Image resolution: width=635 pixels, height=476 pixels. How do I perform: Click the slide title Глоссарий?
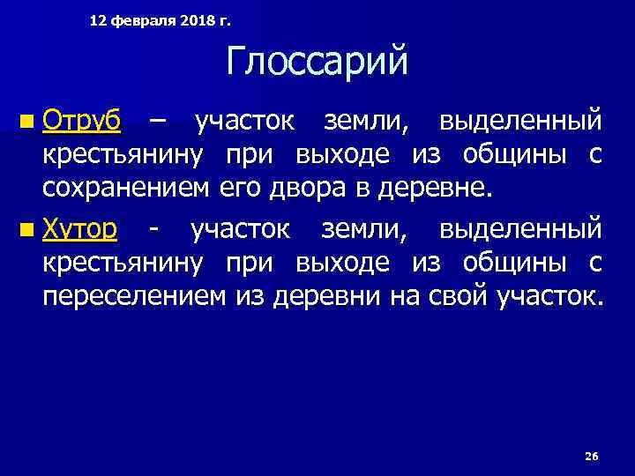[x=317, y=63]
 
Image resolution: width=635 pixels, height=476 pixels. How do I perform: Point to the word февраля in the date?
[x=146, y=19]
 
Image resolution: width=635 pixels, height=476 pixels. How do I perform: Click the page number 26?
[x=591, y=456]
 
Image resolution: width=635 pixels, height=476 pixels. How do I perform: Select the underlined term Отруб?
[x=83, y=119]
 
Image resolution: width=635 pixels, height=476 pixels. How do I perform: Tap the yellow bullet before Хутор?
[x=30, y=230]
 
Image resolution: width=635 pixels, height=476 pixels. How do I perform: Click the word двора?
[x=292, y=188]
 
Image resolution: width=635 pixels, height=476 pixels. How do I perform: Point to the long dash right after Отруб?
[x=157, y=119]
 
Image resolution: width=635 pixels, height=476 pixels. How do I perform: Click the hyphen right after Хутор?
[x=154, y=229]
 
